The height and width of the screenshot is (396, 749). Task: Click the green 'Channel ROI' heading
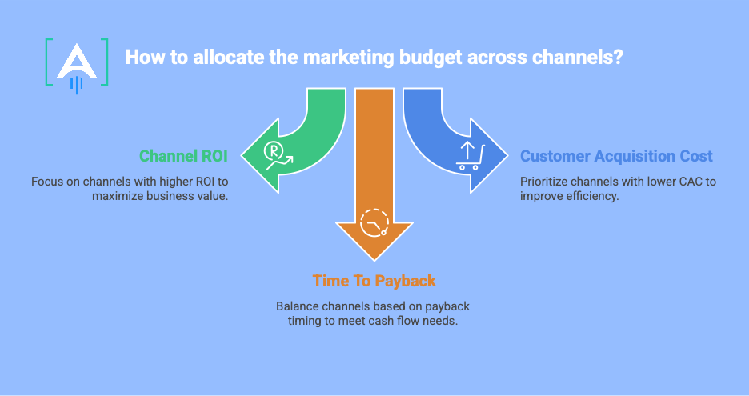pos(183,155)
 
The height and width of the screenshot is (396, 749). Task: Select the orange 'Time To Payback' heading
pos(374,282)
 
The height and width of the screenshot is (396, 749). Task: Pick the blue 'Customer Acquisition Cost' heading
pos(616,156)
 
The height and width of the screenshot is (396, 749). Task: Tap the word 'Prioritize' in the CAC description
pos(546,182)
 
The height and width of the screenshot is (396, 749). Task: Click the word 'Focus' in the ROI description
pos(47,182)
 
